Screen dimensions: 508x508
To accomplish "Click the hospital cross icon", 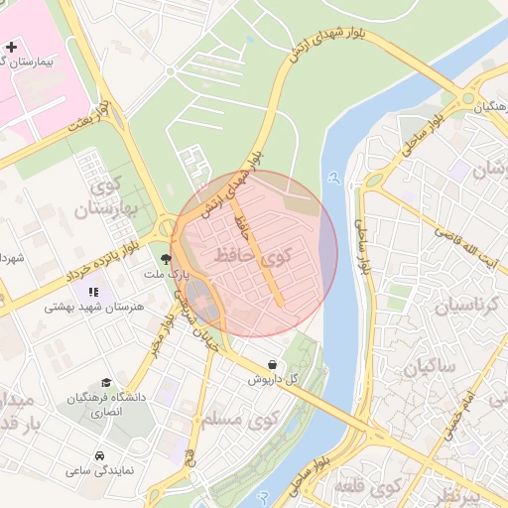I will (12, 47).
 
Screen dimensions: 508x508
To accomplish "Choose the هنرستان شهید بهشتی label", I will (92, 308).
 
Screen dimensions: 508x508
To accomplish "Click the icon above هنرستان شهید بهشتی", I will (93, 292).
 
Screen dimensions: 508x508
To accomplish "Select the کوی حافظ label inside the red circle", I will (253, 257).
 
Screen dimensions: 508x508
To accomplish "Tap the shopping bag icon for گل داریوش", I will (272, 364).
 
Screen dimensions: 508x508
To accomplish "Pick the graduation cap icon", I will (105, 383).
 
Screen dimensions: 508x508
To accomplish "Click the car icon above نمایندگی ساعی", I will (100, 455).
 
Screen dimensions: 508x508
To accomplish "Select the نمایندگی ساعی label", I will (100, 470).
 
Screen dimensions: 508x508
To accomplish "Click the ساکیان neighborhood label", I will (428, 368).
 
